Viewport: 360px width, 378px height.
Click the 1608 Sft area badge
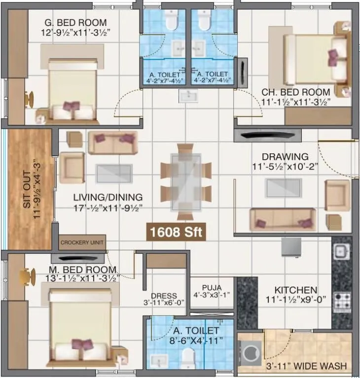click(176, 232)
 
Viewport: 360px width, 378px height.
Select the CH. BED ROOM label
click(295, 92)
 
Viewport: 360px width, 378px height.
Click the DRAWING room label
click(285, 156)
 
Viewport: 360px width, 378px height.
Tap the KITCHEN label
click(295, 290)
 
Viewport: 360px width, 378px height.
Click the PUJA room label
click(212, 287)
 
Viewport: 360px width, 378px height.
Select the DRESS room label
click(164, 296)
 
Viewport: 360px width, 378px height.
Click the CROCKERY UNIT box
click(82, 242)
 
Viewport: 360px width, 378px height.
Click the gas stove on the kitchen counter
click(342, 301)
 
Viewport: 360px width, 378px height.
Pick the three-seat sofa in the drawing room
click(282, 219)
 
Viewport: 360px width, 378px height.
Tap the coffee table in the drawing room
click(283, 188)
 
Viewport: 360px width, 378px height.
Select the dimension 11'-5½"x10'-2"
click(285, 167)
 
